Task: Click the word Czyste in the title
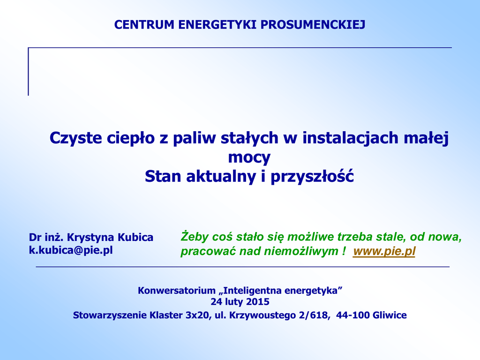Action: [x=75, y=138]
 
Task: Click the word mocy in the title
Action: [x=249, y=157]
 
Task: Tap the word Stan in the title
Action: [x=163, y=176]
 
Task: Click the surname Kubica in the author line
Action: [x=135, y=237]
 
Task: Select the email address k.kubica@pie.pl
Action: [x=71, y=250]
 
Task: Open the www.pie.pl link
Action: [x=384, y=251]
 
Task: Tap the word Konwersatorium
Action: [x=177, y=290]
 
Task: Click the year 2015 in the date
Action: [x=258, y=302]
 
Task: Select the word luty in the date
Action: [x=234, y=302]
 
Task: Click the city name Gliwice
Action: [x=389, y=315]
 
